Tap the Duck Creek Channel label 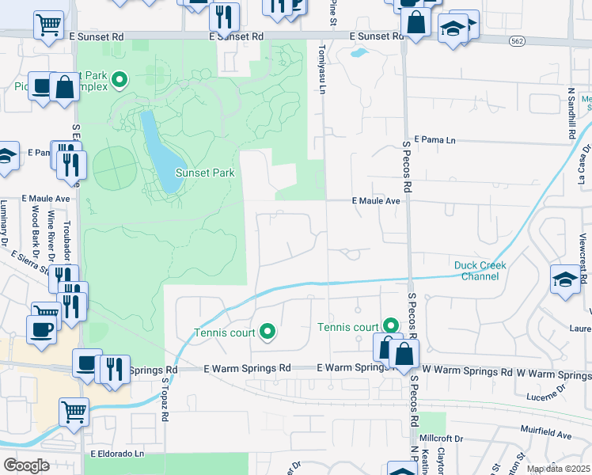[x=480, y=271]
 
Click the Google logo [x=27, y=465]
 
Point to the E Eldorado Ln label [x=117, y=454]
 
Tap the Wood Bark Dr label [x=35, y=225]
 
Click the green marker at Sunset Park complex [x=120, y=78]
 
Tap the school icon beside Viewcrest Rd [x=565, y=279]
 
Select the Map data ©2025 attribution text [x=559, y=469]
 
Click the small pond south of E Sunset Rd [x=359, y=54]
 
